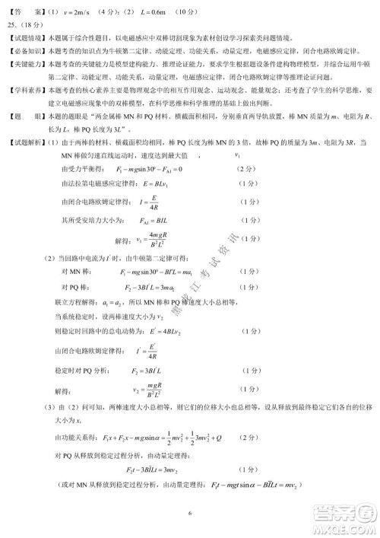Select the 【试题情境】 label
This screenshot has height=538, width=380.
pos(27,36)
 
